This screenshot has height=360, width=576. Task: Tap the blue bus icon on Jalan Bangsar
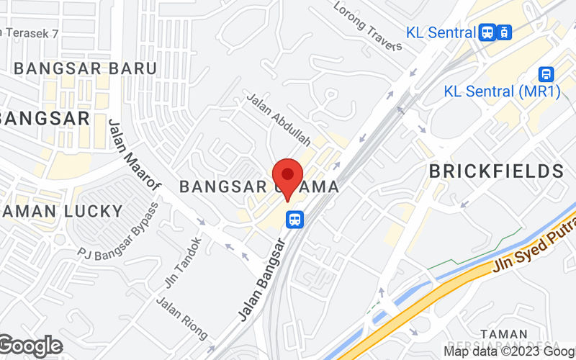(x=294, y=219)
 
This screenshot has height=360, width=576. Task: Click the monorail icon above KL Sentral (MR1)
(x=546, y=74)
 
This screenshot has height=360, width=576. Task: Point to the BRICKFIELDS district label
(x=496, y=171)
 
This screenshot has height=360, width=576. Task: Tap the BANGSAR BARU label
(x=85, y=68)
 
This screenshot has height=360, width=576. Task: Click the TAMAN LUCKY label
(x=63, y=211)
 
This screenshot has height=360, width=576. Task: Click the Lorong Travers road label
(x=368, y=27)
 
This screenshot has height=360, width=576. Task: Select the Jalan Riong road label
(x=182, y=318)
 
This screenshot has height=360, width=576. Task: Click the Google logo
(x=30, y=346)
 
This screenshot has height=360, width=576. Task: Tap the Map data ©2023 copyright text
(x=508, y=351)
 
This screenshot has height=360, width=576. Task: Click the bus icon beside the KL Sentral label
(x=487, y=32)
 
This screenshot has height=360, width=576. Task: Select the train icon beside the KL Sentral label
(x=505, y=32)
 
